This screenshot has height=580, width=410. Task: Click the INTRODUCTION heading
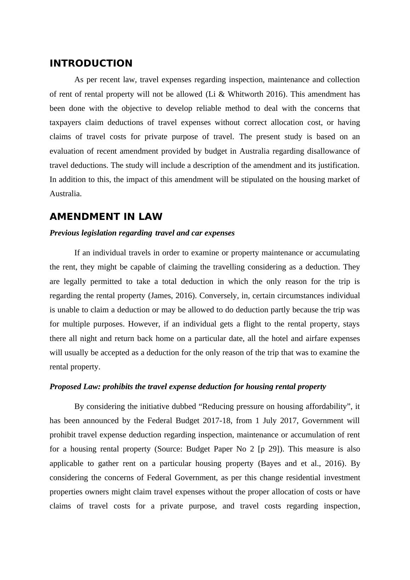click(x=91, y=63)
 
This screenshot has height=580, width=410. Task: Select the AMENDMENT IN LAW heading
click(x=106, y=216)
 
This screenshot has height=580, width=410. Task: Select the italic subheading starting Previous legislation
click(x=142, y=233)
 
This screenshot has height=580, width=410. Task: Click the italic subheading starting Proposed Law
click(x=188, y=387)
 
